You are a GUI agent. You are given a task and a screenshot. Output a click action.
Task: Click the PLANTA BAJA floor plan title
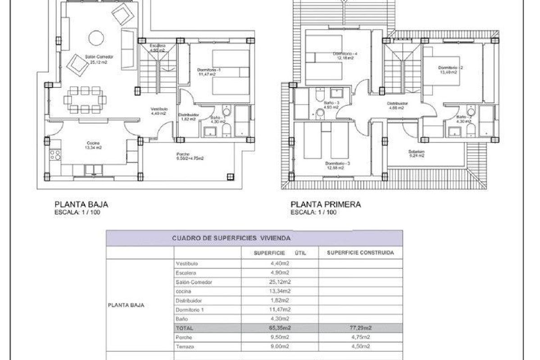point(81,204)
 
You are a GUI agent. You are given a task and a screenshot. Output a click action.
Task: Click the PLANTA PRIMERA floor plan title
point(326,204)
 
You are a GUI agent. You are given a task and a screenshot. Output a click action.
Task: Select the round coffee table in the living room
point(96,38)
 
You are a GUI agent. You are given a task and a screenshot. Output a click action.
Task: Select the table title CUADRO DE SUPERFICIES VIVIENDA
point(231,237)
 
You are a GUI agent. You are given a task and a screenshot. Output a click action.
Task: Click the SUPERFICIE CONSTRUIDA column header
point(360,253)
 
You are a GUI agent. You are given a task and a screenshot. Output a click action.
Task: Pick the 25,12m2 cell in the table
point(279,282)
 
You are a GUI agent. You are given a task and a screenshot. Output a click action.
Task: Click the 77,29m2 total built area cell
point(360,328)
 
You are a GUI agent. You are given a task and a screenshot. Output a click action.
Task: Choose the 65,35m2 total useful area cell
point(279,328)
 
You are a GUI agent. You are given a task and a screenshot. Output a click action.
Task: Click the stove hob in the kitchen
point(55,155)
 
